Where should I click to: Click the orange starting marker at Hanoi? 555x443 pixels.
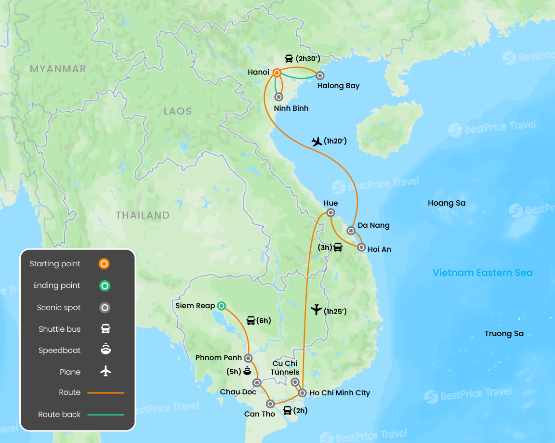pos(277,73)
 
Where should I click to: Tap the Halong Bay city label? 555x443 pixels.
pos(338,86)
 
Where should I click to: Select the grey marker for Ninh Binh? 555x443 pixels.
pos(278,97)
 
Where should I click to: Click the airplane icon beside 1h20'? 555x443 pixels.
pos(317,141)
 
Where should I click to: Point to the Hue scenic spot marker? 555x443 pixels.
pos(330,213)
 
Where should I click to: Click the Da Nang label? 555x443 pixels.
pos(373,225)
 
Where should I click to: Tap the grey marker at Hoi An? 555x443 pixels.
pos(362,248)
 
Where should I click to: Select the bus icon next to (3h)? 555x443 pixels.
pos(338,248)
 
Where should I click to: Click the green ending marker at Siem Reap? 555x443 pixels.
pos(221,305)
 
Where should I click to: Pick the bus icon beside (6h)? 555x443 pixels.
pos(251,321)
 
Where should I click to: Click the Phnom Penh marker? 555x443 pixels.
pos(248,358)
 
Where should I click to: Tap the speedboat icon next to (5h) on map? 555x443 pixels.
pos(247,371)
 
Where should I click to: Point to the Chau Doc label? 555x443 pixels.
pos(238,392)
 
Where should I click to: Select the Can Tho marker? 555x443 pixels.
pos(271,404)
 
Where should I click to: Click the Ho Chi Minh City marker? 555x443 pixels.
pos(302,393)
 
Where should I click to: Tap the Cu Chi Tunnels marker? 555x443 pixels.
pos(295,382)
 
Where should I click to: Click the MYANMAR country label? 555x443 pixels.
pos(58,69)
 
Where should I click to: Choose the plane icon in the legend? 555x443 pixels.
pos(106,372)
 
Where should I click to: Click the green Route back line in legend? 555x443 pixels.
pos(106,415)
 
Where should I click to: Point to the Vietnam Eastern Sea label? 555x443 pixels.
pos(482,273)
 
